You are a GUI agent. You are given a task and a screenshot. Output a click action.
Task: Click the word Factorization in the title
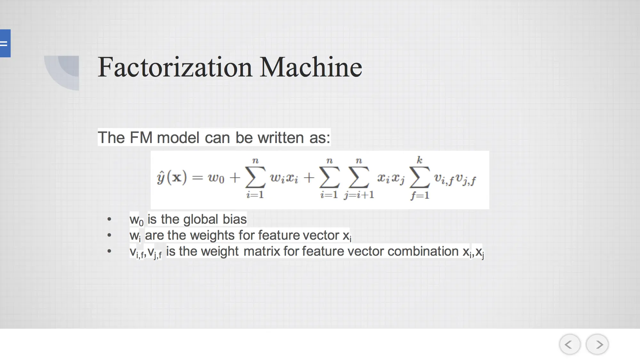pyautogui.click(x=175, y=67)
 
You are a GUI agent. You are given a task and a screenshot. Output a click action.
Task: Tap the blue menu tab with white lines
pyautogui.click(x=5, y=43)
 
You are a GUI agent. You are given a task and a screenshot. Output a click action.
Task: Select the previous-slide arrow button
pyautogui.click(x=570, y=344)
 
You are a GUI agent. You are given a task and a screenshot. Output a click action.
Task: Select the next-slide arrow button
pyautogui.click(x=597, y=344)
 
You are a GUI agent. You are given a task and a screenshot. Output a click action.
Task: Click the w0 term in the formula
pyautogui.click(x=216, y=178)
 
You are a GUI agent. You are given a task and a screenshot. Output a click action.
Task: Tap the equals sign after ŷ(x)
pyautogui.click(x=197, y=178)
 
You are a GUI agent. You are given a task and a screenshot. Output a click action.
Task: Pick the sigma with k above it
pyautogui.click(x=420, y=177)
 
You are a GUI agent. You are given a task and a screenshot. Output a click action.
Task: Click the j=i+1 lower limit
pyautogui.click(x=359, y=195)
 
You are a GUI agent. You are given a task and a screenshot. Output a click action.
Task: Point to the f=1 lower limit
pyautogui.click(x=420, y=195)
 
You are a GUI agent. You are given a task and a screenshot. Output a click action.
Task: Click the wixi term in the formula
pyautogui.click(x=284, y=178)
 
